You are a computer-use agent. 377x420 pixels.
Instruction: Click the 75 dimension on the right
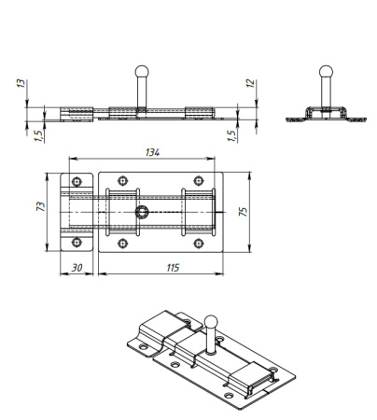244,212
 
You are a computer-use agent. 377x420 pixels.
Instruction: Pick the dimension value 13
21,84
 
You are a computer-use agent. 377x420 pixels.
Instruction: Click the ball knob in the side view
141,71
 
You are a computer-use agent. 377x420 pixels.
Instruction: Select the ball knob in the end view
325,71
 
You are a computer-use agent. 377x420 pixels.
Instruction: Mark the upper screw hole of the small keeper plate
77,181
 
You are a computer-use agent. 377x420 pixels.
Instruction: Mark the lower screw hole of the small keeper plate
77,243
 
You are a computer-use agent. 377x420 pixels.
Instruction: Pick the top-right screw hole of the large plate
198,181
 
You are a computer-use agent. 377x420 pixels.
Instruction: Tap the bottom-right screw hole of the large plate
198,243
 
